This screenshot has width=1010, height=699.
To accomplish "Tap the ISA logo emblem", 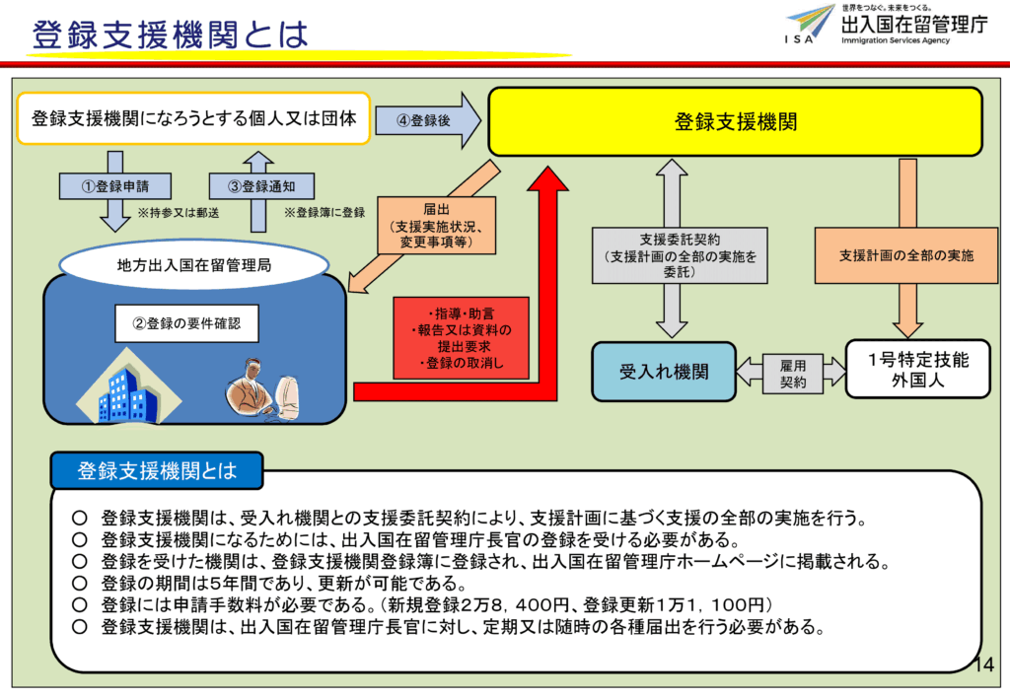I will [x=810, y=22].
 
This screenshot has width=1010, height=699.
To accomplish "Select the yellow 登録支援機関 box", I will [x=735, y=121].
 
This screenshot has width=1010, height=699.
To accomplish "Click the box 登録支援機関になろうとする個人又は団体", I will [x=193, y=119].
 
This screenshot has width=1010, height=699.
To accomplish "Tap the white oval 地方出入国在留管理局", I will [x=193, y=263].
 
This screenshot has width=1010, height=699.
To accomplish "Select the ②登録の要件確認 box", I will [x=186, y=323].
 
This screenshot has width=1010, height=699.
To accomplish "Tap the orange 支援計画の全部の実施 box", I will [x=905, y=255].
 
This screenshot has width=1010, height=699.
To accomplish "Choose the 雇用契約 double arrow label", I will [x=792, y=372].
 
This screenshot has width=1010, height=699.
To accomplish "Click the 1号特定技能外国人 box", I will [x=917, y=370].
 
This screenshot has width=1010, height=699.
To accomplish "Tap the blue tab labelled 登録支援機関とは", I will [x=157, y=470].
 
